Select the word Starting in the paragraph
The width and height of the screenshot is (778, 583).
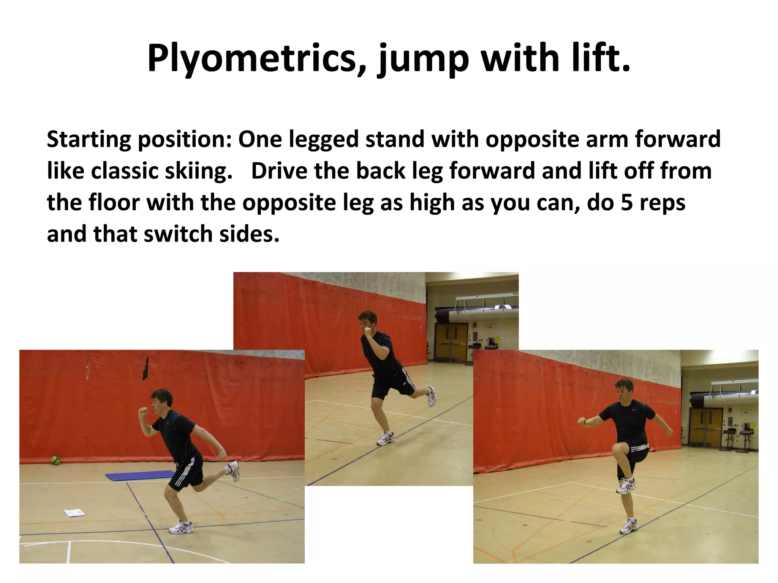[88, 140]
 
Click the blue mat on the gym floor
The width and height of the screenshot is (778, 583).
[139, 475]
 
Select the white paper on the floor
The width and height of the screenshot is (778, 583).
[75, 513]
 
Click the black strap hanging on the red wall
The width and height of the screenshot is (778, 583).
[145, 369]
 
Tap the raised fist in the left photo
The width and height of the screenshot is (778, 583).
[143, 412]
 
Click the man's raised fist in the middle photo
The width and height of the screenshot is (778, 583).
[367, 331]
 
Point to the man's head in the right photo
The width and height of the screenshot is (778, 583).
[623, 391]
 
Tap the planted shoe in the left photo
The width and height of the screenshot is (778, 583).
[180, 527]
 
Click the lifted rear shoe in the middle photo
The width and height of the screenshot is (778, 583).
[431, 397]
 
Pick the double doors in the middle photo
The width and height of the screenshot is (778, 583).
[451, 342]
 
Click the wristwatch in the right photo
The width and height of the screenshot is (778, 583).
[585, 422]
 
